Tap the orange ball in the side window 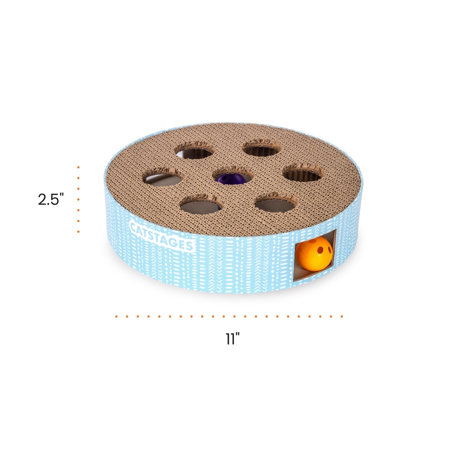click(314, 253)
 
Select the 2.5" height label click(51, 199)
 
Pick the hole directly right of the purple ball click(303, 172)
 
